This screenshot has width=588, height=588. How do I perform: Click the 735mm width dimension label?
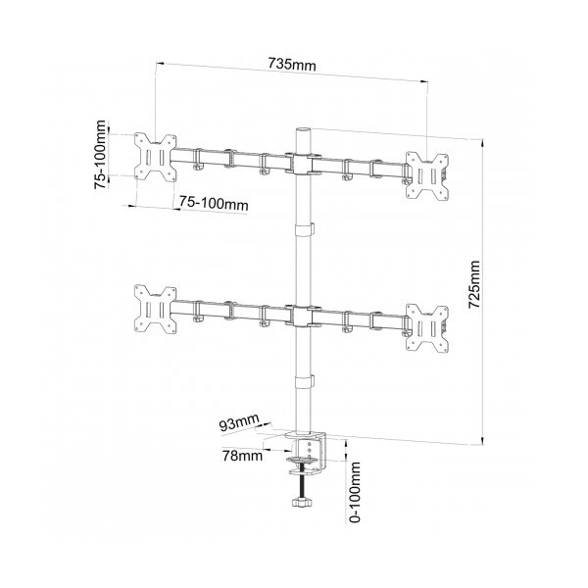coord(292,64)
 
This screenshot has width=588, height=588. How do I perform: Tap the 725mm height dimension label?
coord(474,284)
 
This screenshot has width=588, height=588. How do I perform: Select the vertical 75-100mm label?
coord(100,155)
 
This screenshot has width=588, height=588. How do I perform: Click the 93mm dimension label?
coord(239,422)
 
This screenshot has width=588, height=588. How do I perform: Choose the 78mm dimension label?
coord(243,456)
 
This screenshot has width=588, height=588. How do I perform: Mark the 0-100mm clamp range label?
coord(355,492)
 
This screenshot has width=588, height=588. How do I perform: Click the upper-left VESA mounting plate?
coord(156,157)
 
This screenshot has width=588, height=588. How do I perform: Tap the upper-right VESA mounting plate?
coord(427,175)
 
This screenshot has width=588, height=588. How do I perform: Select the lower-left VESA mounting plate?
coord(156,309)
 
